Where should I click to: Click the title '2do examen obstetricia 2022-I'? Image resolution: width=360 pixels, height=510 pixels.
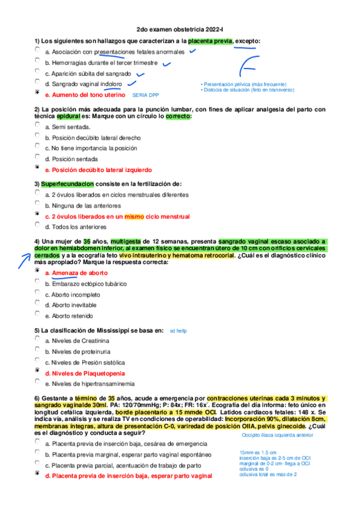(179, 29)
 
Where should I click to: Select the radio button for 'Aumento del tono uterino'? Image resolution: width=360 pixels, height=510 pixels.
(37, 94)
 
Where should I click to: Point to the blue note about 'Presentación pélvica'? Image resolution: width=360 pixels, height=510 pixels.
(243, 84)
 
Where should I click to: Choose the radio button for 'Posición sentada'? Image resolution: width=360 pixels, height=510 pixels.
(37, 158)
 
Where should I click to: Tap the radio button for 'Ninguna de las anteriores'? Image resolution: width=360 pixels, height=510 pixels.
(37, 204)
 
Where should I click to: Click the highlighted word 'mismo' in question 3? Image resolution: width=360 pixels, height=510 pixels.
(135, 216)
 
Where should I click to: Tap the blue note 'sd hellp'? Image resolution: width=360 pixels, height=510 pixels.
(178, 331)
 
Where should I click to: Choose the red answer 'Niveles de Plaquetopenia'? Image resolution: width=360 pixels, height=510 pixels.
(89, 373)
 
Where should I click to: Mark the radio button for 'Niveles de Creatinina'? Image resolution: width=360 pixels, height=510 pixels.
(37, 340)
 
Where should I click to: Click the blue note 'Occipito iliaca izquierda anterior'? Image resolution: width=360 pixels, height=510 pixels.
(278, 435)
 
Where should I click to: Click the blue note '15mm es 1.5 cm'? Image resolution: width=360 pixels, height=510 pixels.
(258, 452)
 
